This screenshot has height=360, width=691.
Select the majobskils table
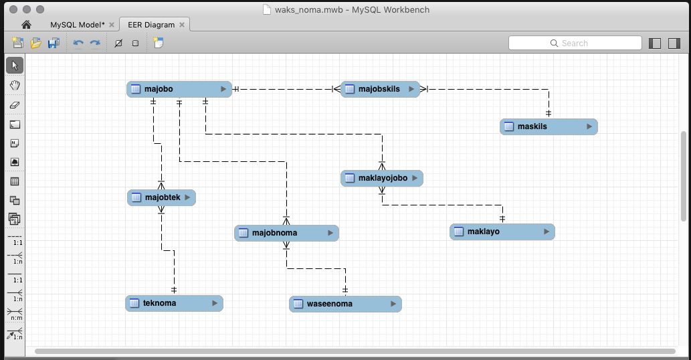pos(379,89)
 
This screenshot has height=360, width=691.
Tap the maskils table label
pos(532,126)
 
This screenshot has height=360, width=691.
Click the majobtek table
pos(161,197)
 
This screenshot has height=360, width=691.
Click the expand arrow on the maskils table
pos(589,126)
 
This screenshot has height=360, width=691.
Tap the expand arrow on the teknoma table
pos(215,303)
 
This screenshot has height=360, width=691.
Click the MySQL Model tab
pos(77,25)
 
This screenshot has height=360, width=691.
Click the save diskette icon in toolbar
pos(54,43)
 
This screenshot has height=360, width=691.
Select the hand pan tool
pos(15,85)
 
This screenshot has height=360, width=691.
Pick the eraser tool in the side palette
pos(15,104)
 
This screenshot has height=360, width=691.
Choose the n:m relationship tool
pos(15,313)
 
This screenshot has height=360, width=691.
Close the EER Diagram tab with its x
pos(182,25)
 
